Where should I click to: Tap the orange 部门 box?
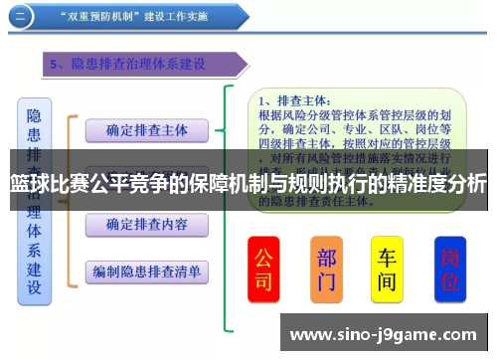[327, 268]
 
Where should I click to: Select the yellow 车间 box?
[387, 268]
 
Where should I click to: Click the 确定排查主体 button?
[146, 129]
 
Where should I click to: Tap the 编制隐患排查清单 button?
[146, 270]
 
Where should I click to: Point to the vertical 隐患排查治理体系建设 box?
[35, 199]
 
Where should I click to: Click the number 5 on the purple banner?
[56, 65]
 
